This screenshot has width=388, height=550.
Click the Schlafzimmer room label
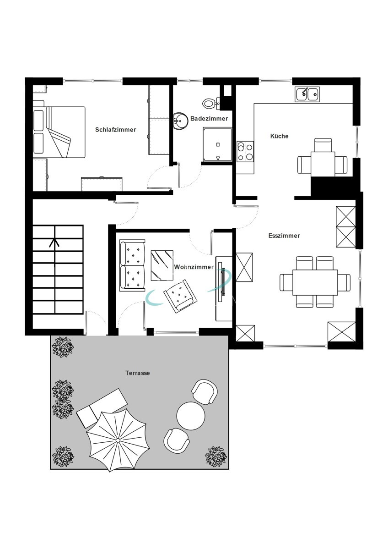(115, 130)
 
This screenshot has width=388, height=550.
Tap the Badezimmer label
(209, 119)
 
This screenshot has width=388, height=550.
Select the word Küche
(279, 136)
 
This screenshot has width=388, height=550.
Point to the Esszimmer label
(284, 236)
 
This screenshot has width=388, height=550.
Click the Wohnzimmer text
(194, 267)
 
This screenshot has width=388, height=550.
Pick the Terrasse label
(138, 373)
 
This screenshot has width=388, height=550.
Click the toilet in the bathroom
(210, 103)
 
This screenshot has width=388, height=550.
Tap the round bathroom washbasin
(180, 121)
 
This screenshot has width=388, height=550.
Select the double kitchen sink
(307, 94)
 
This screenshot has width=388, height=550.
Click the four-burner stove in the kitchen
(245, 152)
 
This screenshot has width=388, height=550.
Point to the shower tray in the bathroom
(218, 144)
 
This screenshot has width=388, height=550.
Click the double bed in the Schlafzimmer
(59, 132)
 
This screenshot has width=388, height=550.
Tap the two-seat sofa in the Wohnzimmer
(132, 265)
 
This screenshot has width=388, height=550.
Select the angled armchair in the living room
(181, 296)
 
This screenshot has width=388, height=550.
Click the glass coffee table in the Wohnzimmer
(162, 265)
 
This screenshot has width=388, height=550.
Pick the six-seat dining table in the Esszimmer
(315, 282)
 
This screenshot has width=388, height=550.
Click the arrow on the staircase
(54, 253)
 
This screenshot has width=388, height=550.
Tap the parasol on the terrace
(117, 440)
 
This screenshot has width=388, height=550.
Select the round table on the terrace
(191, 416)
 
